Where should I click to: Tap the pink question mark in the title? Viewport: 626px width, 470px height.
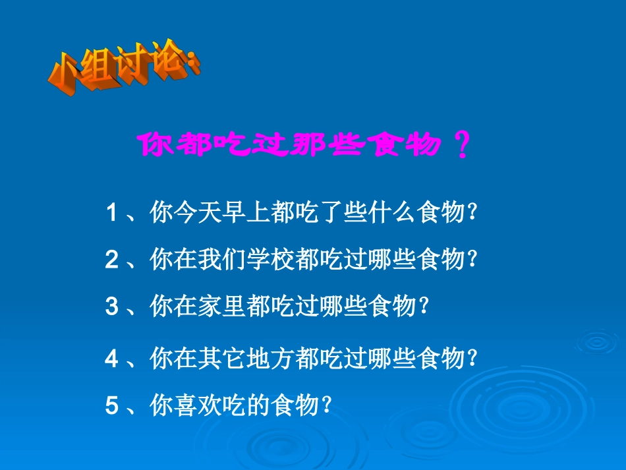[463, 144]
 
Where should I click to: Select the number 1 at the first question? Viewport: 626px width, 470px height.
[112, 213]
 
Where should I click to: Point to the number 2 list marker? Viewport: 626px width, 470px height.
[112, 260]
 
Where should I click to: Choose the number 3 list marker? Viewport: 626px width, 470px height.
[112, 307]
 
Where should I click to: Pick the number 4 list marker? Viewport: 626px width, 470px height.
[112, 359]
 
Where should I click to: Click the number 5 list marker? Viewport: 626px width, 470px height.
[112, 406]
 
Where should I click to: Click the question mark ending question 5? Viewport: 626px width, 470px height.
[324, 406]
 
